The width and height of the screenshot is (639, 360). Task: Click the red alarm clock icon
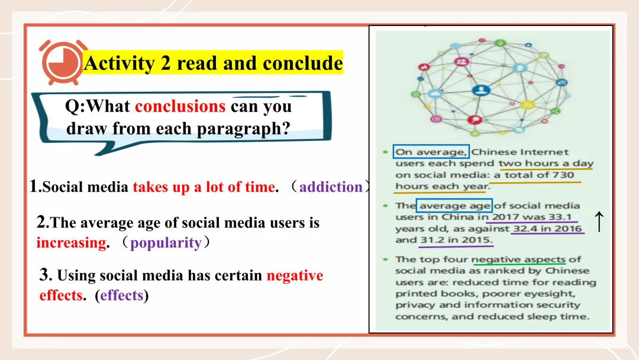point(62,62)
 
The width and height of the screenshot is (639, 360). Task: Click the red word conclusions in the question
point(180,107)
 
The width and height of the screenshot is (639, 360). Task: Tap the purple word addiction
point(331,187)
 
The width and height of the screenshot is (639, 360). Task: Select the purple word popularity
point(166,243)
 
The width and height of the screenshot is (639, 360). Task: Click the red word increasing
point(72,243)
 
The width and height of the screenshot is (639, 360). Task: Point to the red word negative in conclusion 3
point(295,275)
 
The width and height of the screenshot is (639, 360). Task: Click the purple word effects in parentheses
point(121,295)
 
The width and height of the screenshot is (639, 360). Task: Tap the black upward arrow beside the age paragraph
point(599,221)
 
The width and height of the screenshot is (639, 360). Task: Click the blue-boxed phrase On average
point(431,152)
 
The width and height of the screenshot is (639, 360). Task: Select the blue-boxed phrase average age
point(454,205)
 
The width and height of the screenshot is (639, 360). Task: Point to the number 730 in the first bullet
point(563,175)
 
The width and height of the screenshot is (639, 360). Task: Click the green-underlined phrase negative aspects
point(518,260)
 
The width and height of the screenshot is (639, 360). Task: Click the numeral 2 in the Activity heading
point(166,63)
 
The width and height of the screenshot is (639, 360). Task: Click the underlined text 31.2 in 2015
point(456,240)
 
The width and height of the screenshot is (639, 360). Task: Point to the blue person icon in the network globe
point(481,90)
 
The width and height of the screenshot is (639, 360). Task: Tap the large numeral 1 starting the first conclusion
point(34,186)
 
